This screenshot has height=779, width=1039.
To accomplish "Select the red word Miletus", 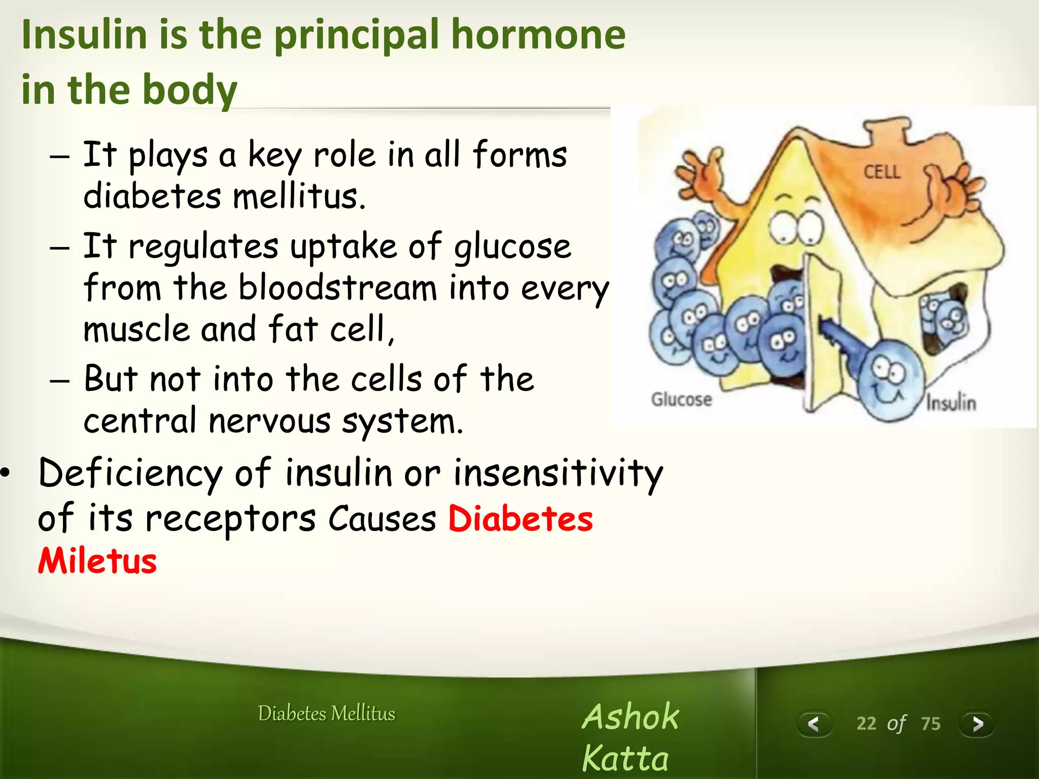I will click(97, 561).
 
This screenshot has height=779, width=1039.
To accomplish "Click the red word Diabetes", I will click(521, 519).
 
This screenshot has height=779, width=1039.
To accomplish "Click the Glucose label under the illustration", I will click(681, 399).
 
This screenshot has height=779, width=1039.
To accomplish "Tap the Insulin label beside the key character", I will click(951, 403).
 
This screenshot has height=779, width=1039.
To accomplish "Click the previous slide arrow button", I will click(814, 724).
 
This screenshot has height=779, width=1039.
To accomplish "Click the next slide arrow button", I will click(977, 724).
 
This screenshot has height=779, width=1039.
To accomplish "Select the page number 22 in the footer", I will click(867, 724).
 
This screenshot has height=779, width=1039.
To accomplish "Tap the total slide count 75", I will click(930, 724).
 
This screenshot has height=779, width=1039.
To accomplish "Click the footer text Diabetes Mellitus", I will click(326, 714).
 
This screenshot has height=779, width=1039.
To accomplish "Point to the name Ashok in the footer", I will click(630, 717).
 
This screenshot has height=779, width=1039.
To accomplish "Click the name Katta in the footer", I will click(625, 759).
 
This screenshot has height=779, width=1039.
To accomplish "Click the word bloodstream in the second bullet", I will click(337, 288).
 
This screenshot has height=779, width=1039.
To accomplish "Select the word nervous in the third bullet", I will click(269, 421).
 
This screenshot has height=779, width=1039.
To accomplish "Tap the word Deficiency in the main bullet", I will click(130, 473).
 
